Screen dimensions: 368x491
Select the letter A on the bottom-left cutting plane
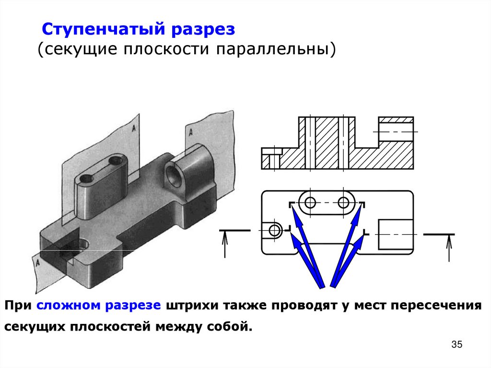click(x=36, y=262)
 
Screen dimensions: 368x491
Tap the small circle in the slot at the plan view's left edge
click(x=275, y=230)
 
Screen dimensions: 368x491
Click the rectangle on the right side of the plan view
click(x=396, y=234)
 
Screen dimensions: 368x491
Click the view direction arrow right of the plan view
click(x=449, y=247)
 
